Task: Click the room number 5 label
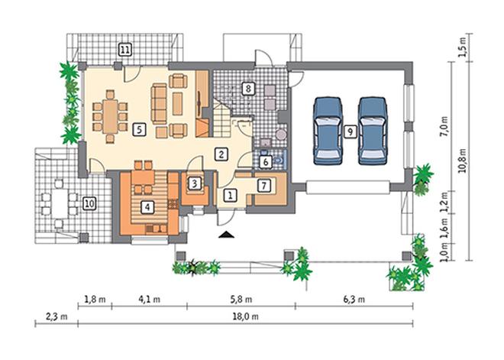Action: pos(139,129)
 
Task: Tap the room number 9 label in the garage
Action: pos(350,131)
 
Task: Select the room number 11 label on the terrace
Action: pos(125,50)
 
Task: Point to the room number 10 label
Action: pos(89,203)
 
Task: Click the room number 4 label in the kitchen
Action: pos(147,207)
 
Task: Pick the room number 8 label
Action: pos(248,88)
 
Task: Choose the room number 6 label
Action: pos(266,162)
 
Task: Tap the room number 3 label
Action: pos(194,183)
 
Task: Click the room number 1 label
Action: pos(230,195)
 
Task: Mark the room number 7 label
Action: pos(264,186)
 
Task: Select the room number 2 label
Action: pos(221,154)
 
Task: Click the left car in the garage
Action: pos(328,131)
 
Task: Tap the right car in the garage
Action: pos(373,131)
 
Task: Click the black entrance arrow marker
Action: pos(227,235)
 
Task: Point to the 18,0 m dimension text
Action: pos(246,316)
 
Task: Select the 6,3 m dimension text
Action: pos(354,300)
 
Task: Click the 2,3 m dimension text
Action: pos(57,316)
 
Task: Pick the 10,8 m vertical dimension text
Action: pos(463,161)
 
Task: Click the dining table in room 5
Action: pos(111,116)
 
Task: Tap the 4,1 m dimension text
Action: pos(150,300)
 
